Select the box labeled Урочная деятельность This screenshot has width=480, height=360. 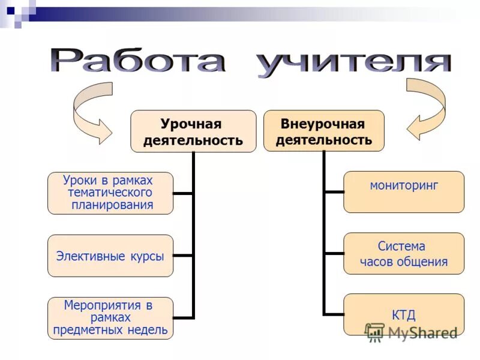coord(193,131)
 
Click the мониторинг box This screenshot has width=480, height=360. coord(403,192)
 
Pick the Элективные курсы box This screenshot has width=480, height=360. coord(110,256)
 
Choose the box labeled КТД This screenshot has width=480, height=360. coord(403,314)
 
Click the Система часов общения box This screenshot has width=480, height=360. coord(403,253)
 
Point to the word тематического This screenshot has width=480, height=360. coord(110,193)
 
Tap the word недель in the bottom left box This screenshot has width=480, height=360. coord(149,329)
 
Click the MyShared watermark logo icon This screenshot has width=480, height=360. coord(374,331)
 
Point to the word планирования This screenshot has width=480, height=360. coord(112,205)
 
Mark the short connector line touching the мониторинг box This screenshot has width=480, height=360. coord(334,192)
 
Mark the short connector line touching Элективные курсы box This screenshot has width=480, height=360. coord(183,256)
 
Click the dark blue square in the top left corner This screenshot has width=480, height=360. coord(10,10)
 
